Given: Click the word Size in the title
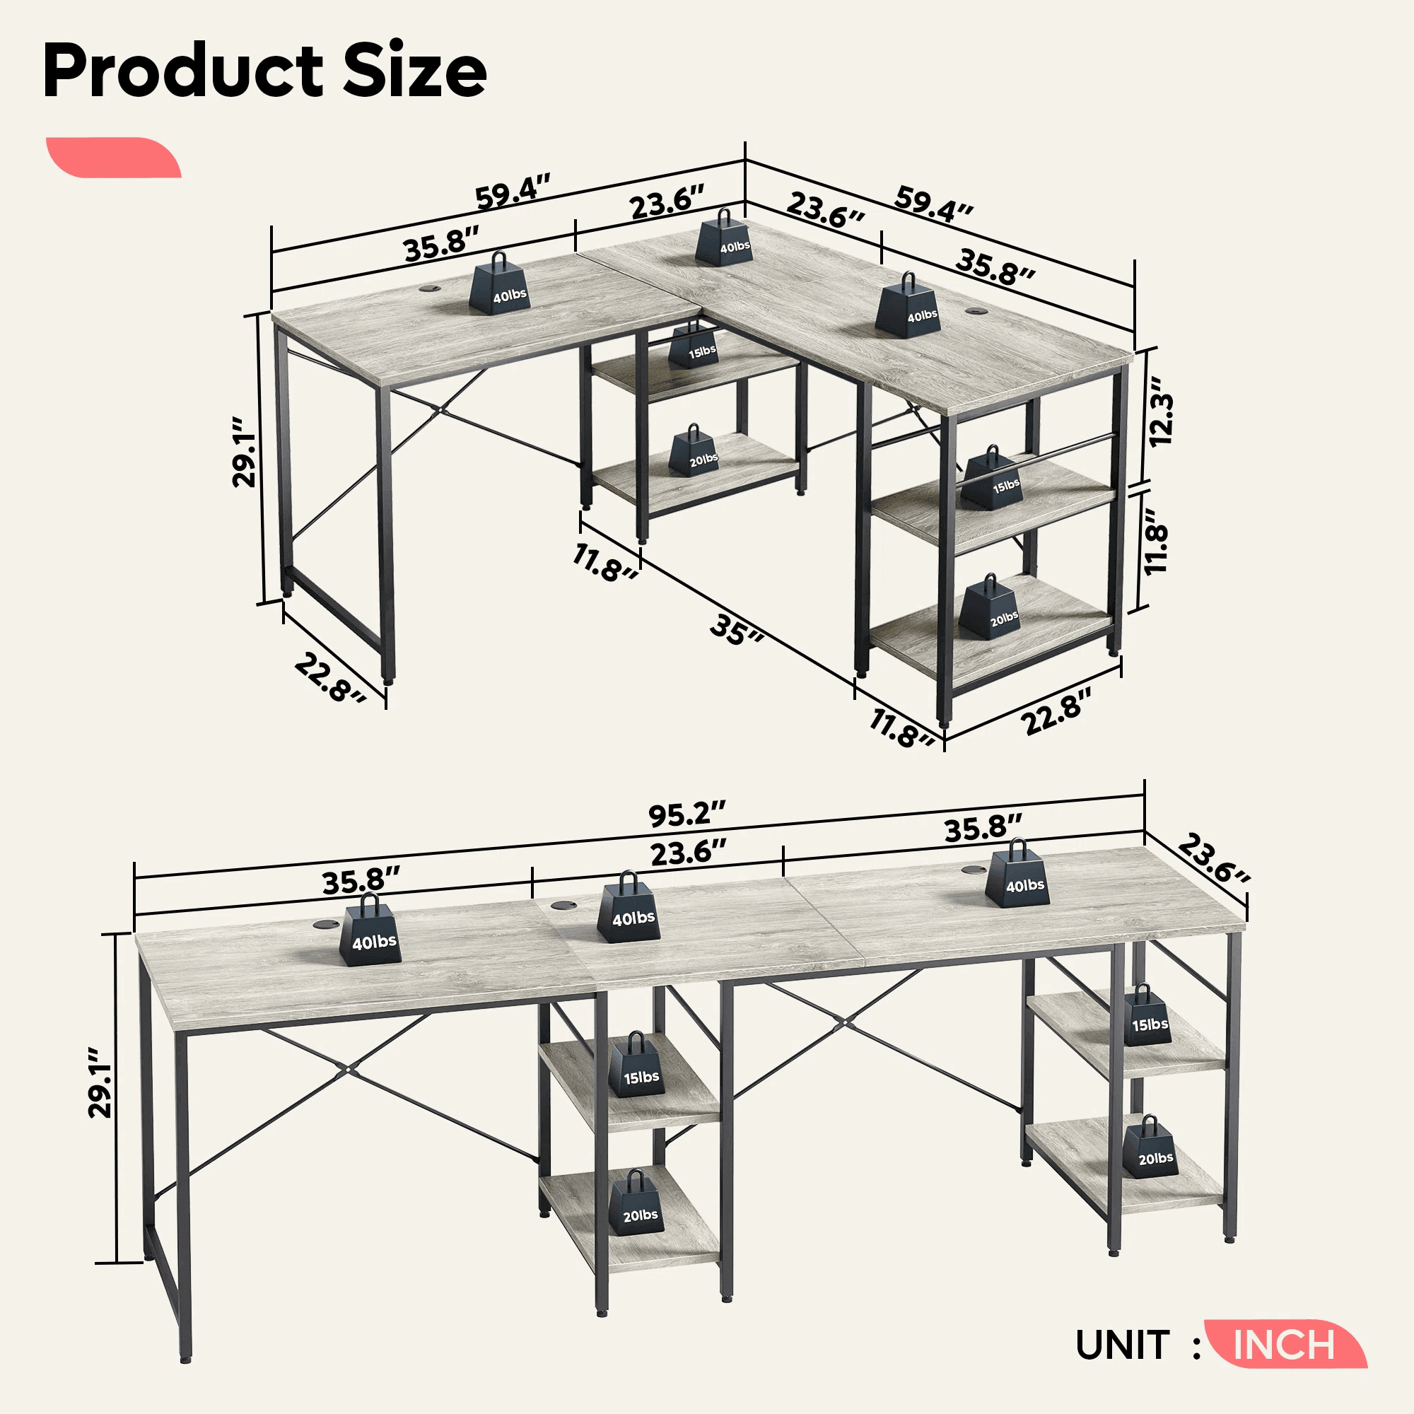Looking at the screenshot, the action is coord(414,70).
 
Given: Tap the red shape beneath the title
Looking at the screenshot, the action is coord(113,157).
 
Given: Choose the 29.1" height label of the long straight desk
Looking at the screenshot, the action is coord(100,1082).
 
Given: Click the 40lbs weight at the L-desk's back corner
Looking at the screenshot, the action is coord(723,237).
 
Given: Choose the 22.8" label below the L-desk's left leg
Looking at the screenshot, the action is coord(330,677).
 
